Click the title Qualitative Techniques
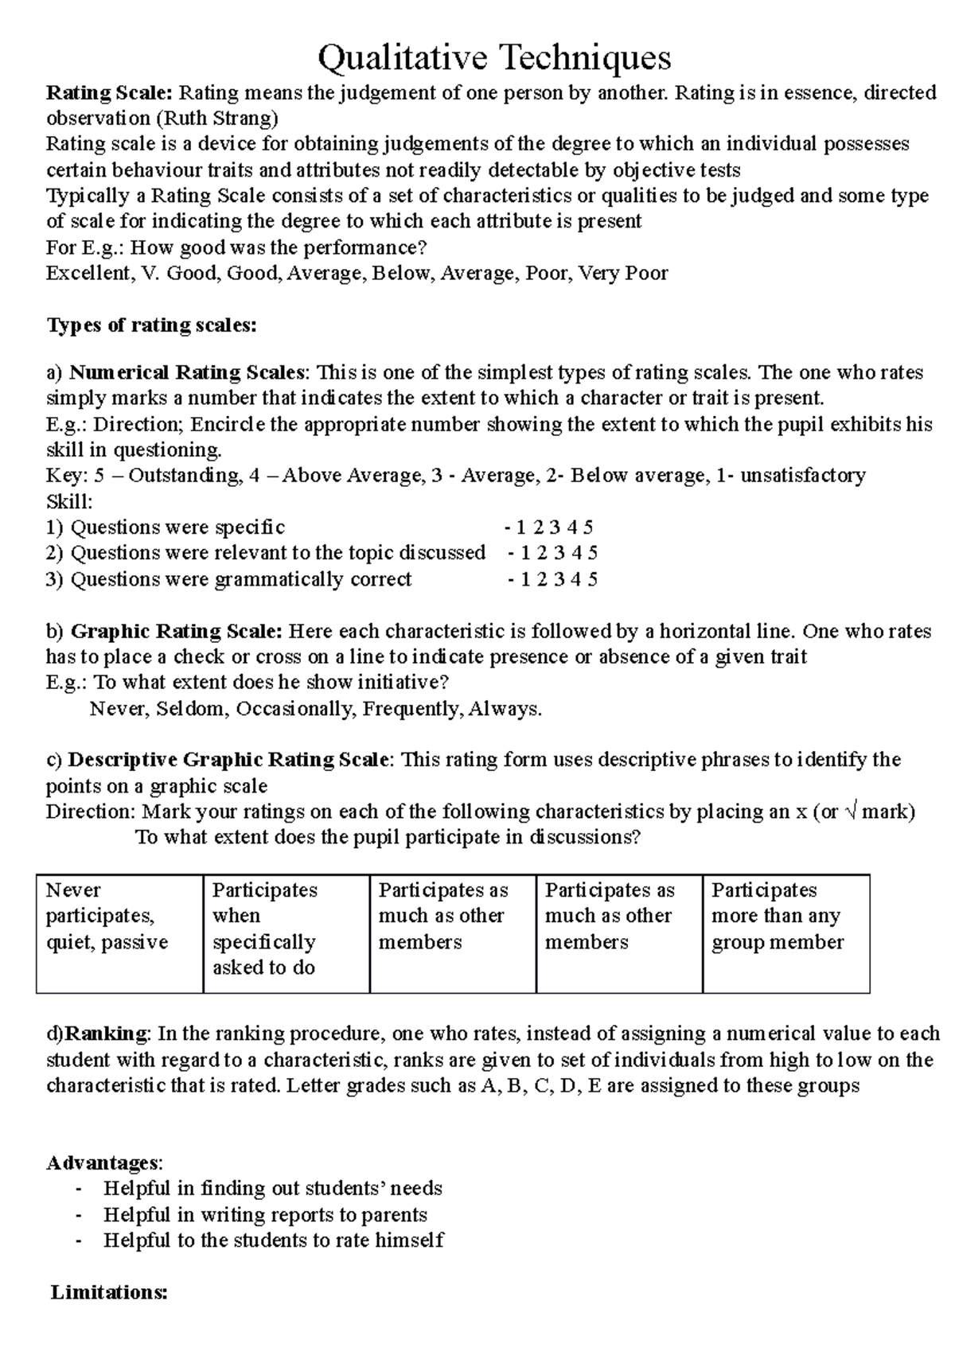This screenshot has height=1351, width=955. tap(494, 57)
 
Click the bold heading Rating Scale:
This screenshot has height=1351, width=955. tap(109, 93)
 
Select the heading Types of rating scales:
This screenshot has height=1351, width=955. tap(151, 325)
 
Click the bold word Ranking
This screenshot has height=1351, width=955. tap(106, 1034)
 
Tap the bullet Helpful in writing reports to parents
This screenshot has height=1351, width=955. tap(265, 1215)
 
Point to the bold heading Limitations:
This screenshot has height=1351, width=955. tap(109, 1293)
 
